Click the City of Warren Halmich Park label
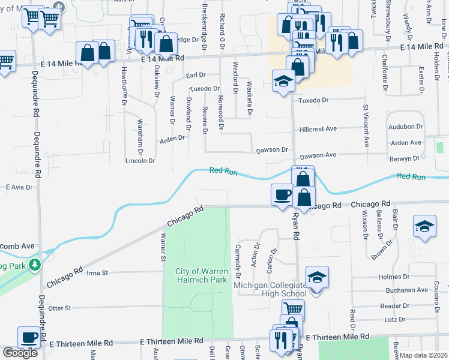click(x=202, y=275)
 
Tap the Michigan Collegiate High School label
click(x=271, y=289)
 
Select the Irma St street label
click(x=97, y=272)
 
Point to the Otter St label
click(x=59, y=308)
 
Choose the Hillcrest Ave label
click(x=318, y=129)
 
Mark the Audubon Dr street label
click(x=406, y=127)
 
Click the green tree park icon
click(x=35, y=263)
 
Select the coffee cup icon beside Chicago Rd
click(x=282, y=194)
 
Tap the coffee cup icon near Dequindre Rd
click(x=29, y=337)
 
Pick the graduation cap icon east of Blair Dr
click(x=424, y=227)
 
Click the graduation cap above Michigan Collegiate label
click(x=317, y=277)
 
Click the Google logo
click(x=20, y=352)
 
